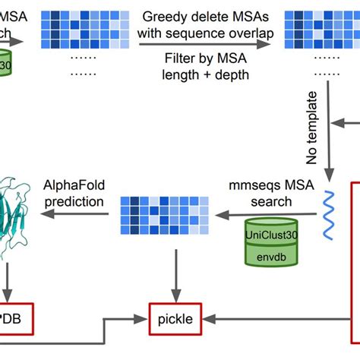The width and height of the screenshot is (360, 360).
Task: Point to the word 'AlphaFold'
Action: click(x=74, y=186)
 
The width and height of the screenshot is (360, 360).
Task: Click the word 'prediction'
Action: click(x=74, y=202)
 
